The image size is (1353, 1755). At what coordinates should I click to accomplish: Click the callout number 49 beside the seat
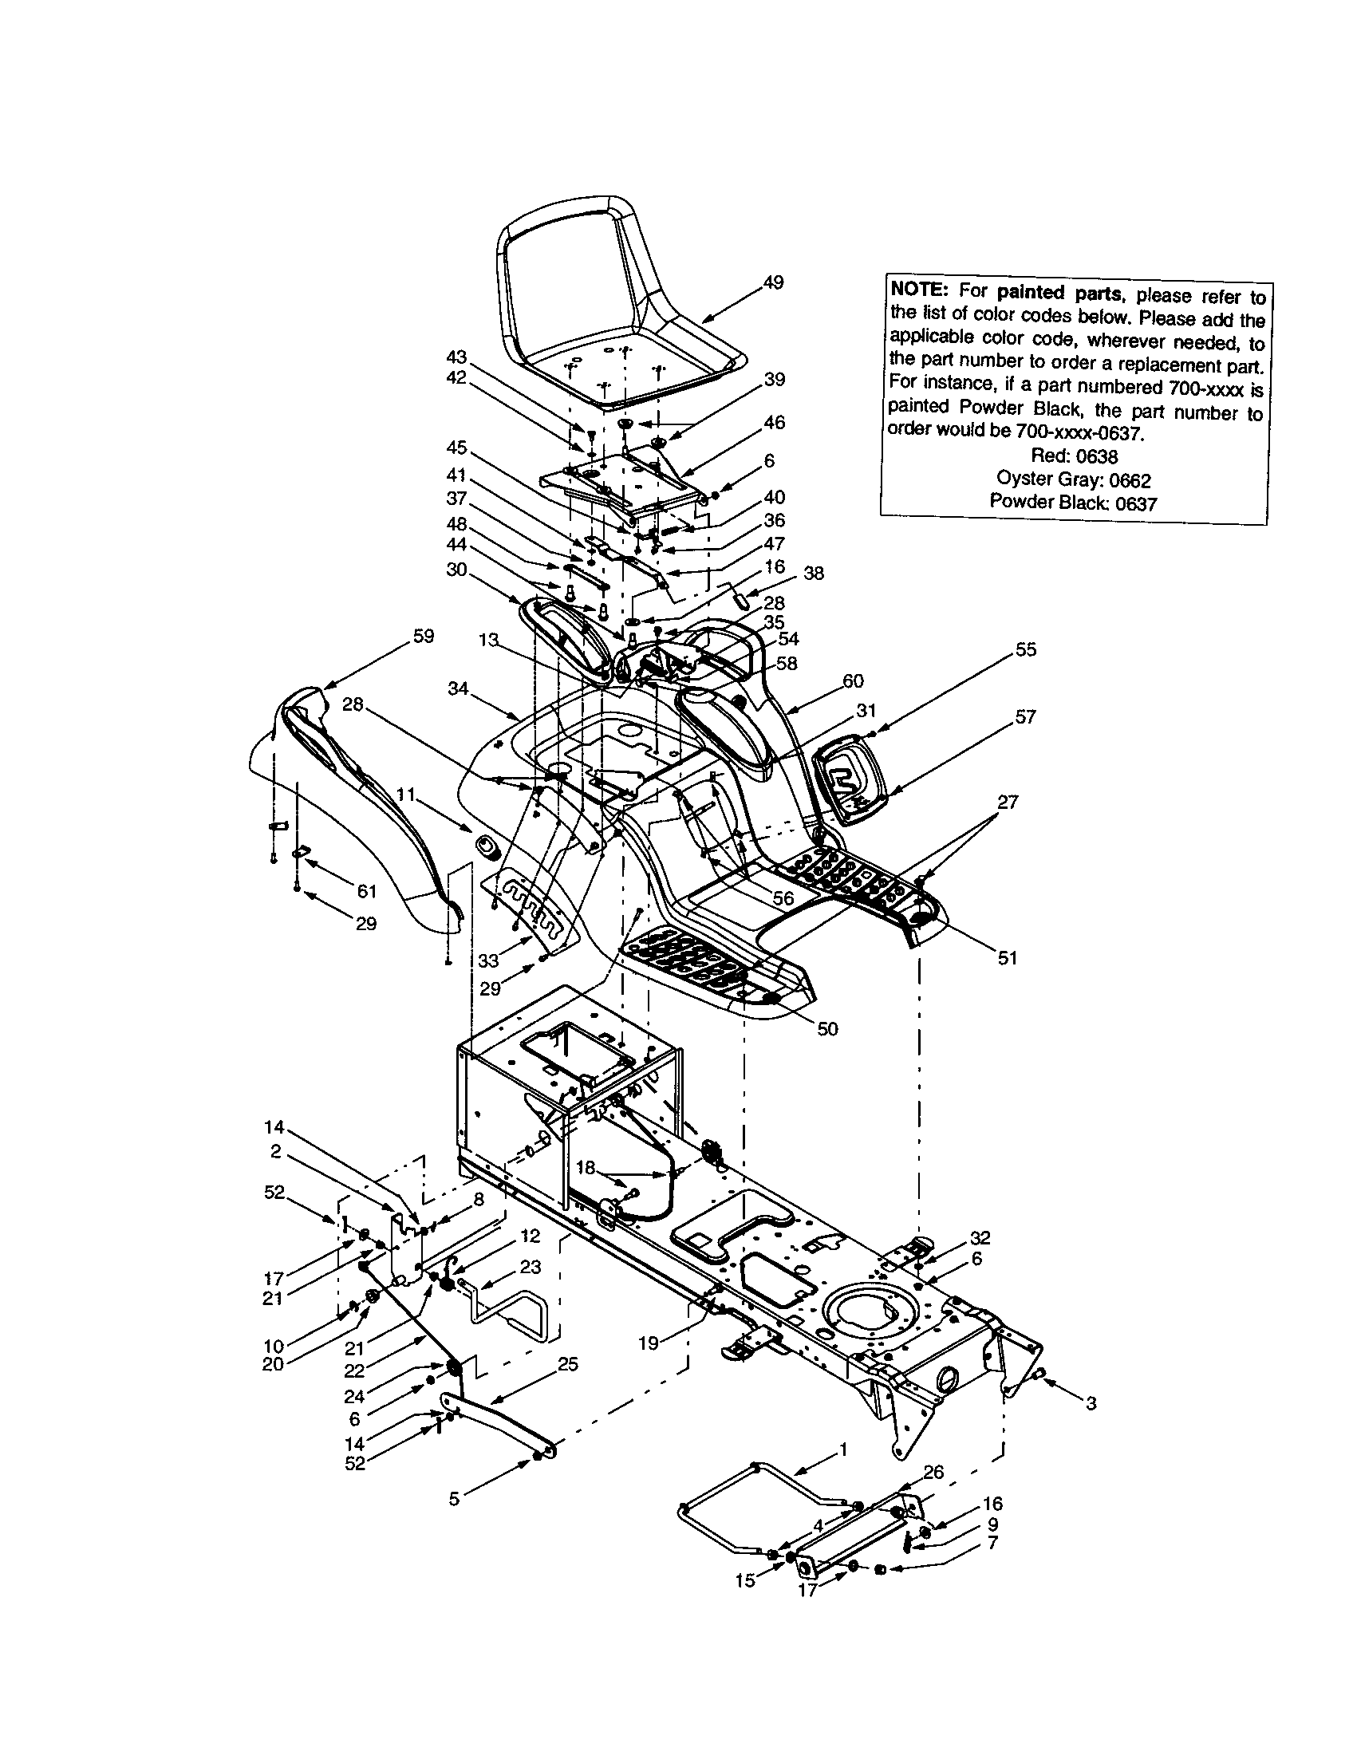[x=773, y=283]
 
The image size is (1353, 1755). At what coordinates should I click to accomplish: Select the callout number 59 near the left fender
[x=423, y=636]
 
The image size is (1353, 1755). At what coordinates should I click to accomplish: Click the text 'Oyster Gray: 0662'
[x=1074, y=479]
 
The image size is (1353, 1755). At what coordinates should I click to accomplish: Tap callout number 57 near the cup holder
[x=1025, y=716]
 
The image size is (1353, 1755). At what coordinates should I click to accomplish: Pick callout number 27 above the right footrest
[x=1008, y=802]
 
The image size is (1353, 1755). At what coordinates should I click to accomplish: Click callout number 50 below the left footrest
[x=826, y=1028]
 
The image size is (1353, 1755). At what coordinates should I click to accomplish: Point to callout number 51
[x=1007, y=958]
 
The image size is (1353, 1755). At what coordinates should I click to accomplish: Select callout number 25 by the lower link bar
[x=567, y=1364]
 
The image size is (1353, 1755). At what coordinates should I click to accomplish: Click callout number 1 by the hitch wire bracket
[x=842, y=1449]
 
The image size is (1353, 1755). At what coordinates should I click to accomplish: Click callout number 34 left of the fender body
[x=458, y=688]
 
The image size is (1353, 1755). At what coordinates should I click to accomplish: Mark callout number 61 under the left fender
[x=366, y=890]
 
